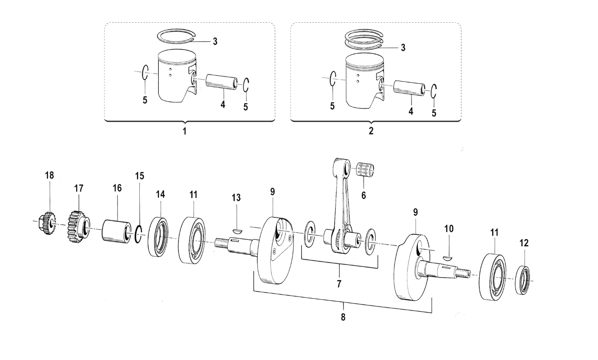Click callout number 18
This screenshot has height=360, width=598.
[49, 175]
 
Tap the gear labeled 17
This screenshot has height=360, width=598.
[78, 225]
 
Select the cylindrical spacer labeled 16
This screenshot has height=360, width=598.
[117, 231]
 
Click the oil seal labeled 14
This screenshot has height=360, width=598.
[158, 237]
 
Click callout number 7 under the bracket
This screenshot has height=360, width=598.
[339, 284]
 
